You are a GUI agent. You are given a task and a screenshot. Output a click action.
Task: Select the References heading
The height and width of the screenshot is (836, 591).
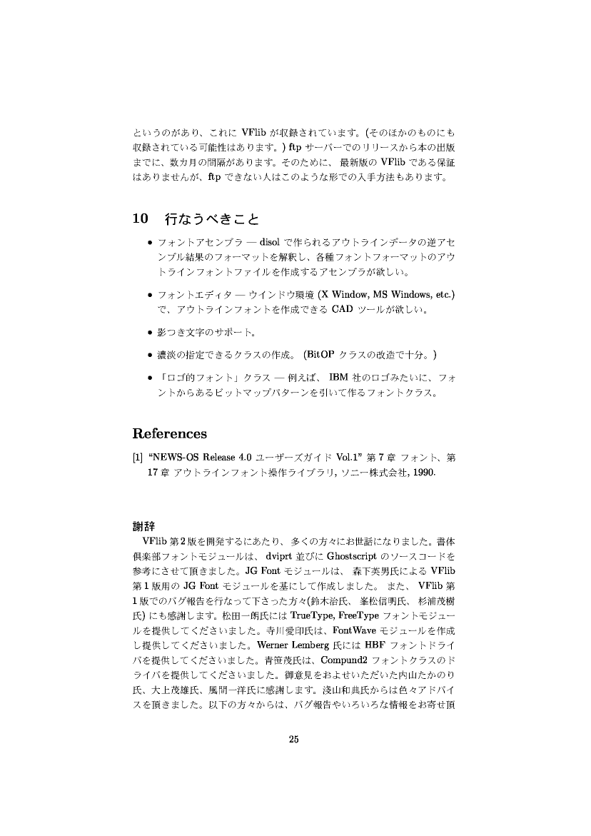tap(170, 434)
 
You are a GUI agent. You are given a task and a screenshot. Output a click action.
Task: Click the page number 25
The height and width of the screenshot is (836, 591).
tap(293, 739)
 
